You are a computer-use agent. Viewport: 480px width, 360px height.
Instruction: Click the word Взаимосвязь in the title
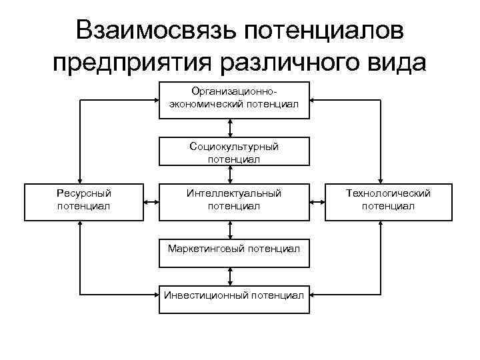point(155,31)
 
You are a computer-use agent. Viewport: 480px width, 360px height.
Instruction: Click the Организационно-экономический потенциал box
point(234,100)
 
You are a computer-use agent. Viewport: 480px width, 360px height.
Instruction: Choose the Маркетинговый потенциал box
point(234,249)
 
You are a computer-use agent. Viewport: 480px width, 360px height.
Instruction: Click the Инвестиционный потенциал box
point(234,294)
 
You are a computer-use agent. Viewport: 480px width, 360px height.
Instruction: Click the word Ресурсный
point(84,193)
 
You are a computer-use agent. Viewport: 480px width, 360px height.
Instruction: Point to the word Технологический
point(388,193)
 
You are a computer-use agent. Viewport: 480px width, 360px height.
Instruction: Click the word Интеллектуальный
point(234,193)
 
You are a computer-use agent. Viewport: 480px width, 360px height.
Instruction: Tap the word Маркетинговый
point(205,249)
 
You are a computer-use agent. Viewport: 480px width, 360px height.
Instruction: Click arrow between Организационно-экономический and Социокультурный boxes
point(230,128)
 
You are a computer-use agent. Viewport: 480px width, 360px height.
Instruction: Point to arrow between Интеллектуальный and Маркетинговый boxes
point(230,229)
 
